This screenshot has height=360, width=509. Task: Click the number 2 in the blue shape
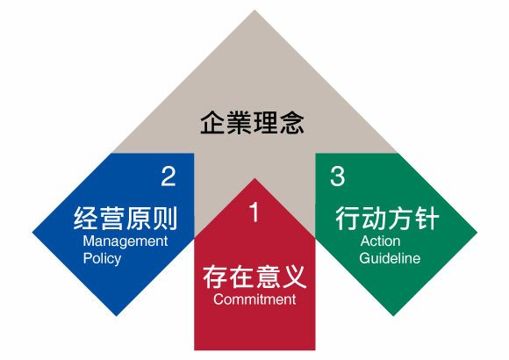[x=168, y=176]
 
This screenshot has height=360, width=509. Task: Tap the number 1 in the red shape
[x=254, y=212]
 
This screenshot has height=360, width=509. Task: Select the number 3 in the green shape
[x=337, y=176]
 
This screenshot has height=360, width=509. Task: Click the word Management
[x=125, y=241]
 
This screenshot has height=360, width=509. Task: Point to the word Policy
[x=102, y=259]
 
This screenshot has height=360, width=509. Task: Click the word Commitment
[x=254, y=299]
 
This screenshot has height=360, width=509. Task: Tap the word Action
[x=380, y=241]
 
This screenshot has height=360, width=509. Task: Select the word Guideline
[x=390, y=258]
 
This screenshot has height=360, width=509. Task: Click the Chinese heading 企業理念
[x=252, y=123]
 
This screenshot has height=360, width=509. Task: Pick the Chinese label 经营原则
[x=125, y=218]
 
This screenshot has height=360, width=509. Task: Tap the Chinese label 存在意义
[x=254, y=277]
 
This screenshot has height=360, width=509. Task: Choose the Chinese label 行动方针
[x=387, y=218]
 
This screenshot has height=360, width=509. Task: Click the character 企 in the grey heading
[x=213, y=123]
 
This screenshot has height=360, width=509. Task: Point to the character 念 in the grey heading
[x=292, y=123]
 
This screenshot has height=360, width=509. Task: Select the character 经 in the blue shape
[x=86, y=218]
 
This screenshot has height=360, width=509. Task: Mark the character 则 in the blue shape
[x=165, y=218]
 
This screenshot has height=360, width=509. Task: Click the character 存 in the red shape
[x=215, y=277]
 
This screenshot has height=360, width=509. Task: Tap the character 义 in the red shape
[x=294, y=277]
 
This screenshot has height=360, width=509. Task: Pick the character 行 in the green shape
[x=348, y=218]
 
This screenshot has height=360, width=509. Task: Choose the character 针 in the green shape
[x=427, y=218]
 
